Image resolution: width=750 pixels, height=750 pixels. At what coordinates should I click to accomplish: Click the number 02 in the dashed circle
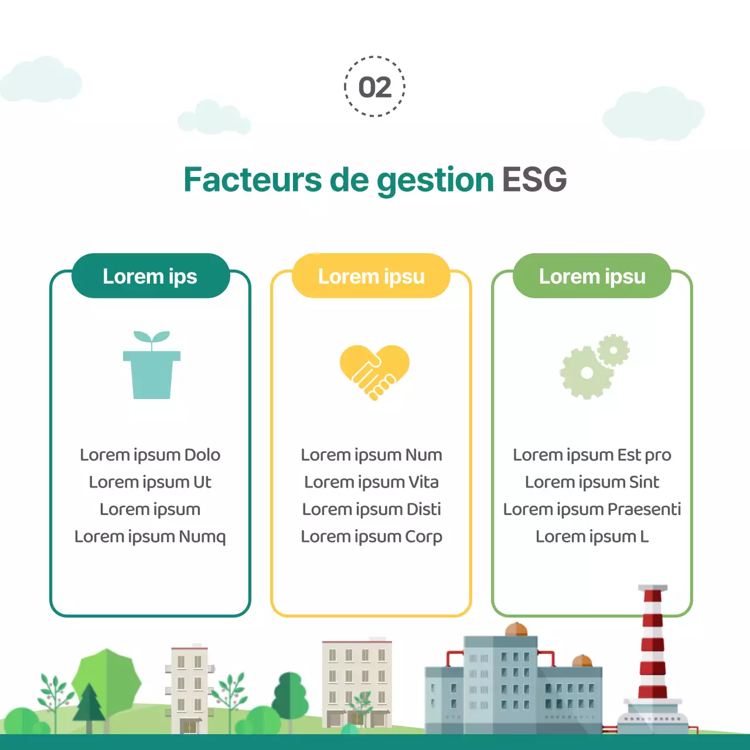coord(375,87)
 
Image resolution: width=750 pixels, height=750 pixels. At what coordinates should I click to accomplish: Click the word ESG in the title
coord(534,179)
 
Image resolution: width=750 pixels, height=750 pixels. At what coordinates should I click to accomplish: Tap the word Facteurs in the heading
coord(252,179)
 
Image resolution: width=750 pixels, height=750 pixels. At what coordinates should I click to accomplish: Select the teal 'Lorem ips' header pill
coord(150,276)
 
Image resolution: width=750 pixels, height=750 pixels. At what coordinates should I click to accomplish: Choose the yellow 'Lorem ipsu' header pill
coord(371,276)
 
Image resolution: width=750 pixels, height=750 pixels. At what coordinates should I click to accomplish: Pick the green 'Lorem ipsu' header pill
coord(592,276)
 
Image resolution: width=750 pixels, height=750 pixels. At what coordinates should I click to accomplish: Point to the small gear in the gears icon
coord(613,350)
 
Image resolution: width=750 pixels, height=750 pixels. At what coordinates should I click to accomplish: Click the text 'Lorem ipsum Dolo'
coord(150,455)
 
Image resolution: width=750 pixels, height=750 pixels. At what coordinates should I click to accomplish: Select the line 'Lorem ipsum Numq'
coord(150,537)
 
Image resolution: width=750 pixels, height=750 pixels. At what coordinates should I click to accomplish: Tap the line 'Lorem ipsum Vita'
coord(371,482)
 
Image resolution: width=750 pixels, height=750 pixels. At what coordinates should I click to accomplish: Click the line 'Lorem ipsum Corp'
coord(371,537)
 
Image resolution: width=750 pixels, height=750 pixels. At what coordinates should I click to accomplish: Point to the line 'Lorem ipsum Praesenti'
coord(592,509)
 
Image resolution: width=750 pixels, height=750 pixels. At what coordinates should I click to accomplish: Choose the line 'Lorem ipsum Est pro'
coord(592,455)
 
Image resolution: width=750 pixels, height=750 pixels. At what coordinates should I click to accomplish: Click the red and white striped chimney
coord(652,645)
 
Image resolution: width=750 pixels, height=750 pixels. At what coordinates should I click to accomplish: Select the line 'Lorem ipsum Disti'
coord(371,509)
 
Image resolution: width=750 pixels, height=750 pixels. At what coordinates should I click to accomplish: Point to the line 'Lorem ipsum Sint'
coord(592,482)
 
